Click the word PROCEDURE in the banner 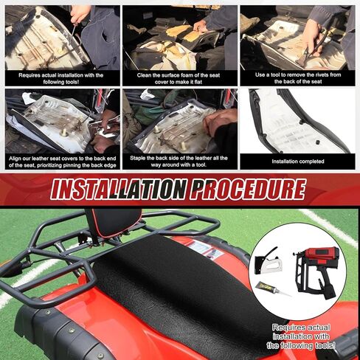(x=247, y=190)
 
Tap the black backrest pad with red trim (x=112, y=221)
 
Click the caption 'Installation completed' (x=299, y=161)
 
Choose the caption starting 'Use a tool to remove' (x=299, y=77)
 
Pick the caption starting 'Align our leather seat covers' (x=60, y=161)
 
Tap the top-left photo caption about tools (x=60, y=77)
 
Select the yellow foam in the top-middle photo (x=180, y=32)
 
